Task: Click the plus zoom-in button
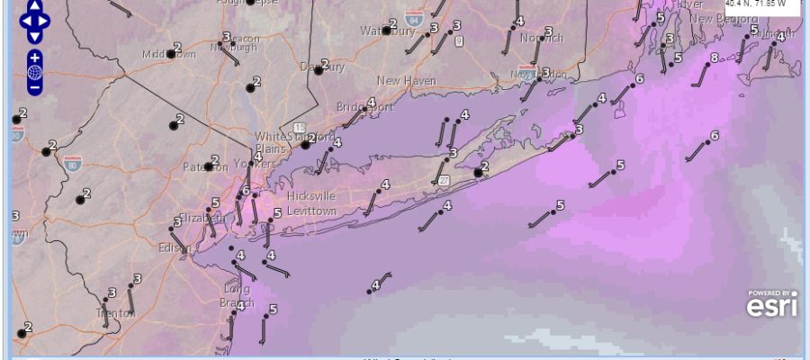click(x=34, y=58)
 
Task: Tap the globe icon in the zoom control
click(x=34, y=73)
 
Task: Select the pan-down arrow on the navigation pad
click(x=34, y=36)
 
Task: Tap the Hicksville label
click(x=311, y=195)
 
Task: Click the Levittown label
click(x=311, y=211)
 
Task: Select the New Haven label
click(x=406, y=80)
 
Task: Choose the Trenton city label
click(x=114, y=312)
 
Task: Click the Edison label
click(x=170, y=247)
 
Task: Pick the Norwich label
click(x=542, y=38)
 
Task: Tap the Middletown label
click(x=168, y=55)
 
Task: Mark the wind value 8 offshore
click(x=714, y=58)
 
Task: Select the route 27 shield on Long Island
click(x=444, y=181)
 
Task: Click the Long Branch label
click(x=238, y=296)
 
